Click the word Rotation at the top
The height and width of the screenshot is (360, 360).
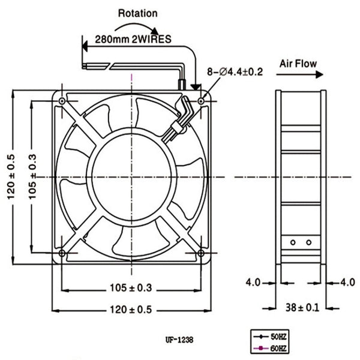tap(138, 13)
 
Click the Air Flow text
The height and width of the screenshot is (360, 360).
tap(298, 63)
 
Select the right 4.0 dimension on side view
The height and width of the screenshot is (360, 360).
tap(347, 281)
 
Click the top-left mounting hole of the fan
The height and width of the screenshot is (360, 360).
tap(62, 101)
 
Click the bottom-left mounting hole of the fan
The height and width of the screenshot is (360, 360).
tap(62, 253)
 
